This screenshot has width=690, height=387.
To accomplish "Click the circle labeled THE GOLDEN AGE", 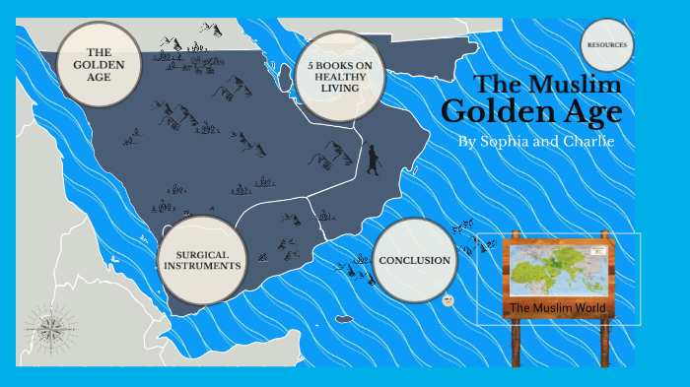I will [98, 65].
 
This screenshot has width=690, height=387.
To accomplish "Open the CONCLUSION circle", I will [415, 260].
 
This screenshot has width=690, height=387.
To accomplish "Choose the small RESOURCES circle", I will [607, 45].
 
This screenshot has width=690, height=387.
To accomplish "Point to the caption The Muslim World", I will [558, 309].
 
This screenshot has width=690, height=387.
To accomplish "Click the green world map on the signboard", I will [558, 269].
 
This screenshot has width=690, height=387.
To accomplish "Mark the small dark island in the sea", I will [344, 318].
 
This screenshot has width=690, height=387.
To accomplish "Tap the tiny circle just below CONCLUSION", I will [448, 300].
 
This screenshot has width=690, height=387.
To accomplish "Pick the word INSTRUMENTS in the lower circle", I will [200, 266].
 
